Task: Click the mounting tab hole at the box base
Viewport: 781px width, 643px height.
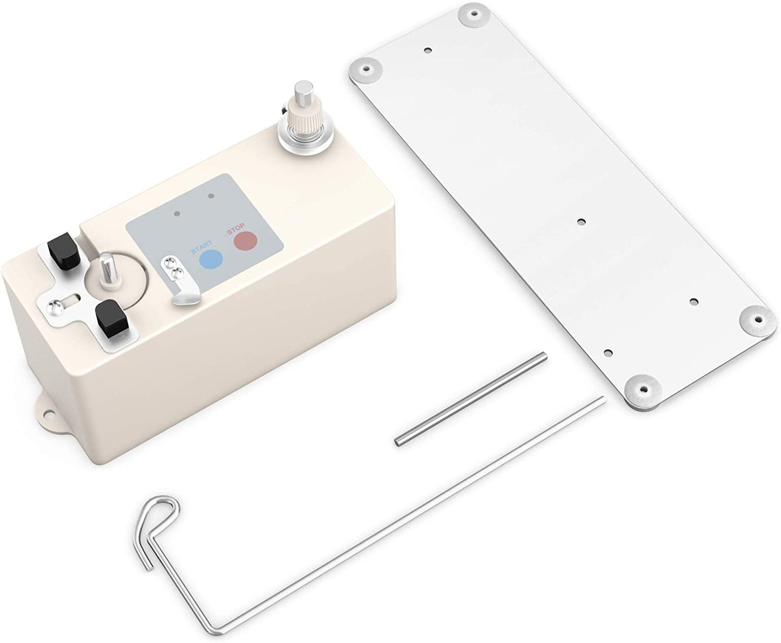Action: (46, 413)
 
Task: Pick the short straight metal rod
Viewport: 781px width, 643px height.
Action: (470, 400)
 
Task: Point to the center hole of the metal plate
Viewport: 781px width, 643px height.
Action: (582, 221)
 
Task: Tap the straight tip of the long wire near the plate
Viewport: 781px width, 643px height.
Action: (601, 400)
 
